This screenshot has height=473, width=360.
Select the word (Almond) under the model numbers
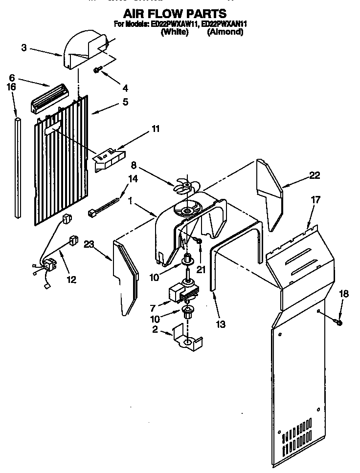(225, 32)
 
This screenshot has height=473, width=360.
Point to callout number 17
(315, 199)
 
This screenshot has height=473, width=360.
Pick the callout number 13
(221, 324)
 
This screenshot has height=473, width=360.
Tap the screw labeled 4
(98, 70)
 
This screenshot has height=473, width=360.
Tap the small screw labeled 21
(198, 240)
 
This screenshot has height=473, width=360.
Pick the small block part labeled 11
(109, 159)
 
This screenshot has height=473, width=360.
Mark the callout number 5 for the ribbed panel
(125, 102)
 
